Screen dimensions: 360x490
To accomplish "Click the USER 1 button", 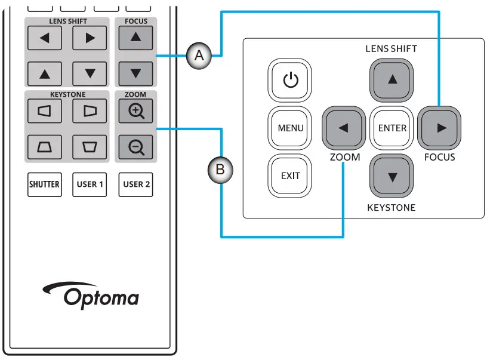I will pos(90,184).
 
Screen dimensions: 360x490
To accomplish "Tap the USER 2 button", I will pos(136,184).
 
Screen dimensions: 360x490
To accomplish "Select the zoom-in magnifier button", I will pos(136,111).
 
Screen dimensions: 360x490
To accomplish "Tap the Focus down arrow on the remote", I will pos(136,73).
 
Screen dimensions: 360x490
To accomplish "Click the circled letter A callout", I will pos(199,56).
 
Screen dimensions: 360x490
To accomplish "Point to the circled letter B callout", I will pos(220,170).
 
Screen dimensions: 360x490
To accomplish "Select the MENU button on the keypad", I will pos(291,128).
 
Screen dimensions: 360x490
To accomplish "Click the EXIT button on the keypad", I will pos(291,176).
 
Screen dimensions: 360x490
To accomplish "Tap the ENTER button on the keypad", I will pos(392,128).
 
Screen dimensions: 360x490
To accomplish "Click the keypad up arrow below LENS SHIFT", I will pos(392,80).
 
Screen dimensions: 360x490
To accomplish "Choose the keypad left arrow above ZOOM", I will pos(343,128).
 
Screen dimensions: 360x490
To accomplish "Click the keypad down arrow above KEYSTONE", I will pos(392,176).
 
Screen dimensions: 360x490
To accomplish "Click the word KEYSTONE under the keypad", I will pos(391,208).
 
